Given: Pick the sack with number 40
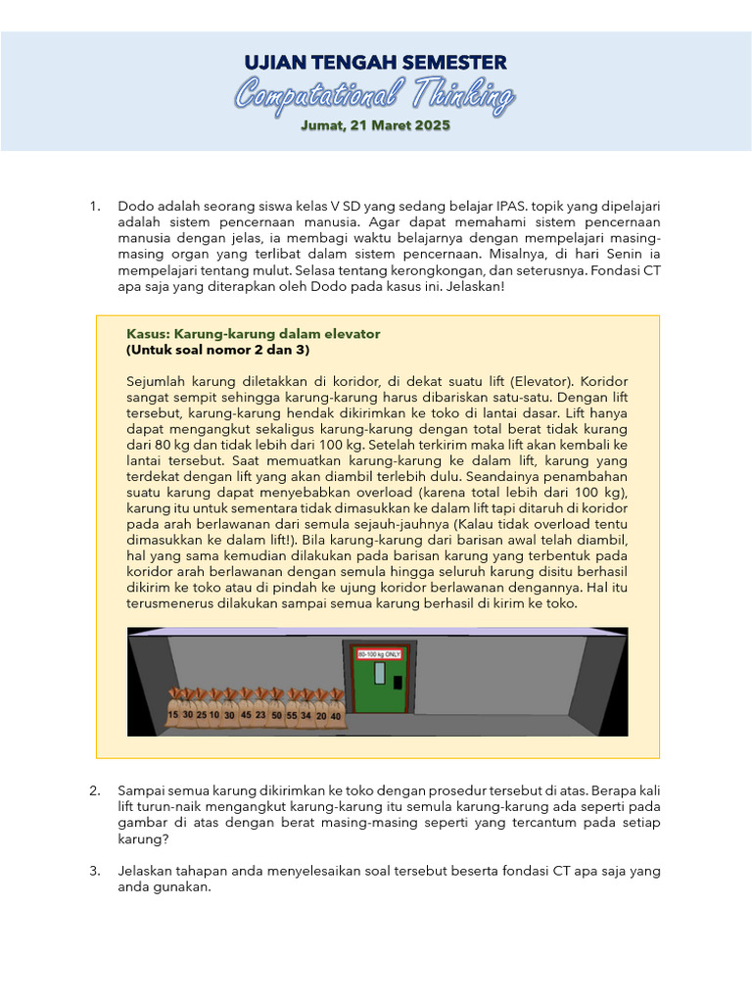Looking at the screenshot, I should pyautogui.click(x=336, y=716).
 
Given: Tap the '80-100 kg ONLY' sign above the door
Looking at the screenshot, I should pyautogui.click(x=379, y=653).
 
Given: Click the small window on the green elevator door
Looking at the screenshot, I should pyautogui.click(x=379, y=673).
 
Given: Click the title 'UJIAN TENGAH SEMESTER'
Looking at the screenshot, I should pyautogui.click(x=376, y=64).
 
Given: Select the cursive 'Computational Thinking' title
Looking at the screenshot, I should pyautogui.click(x=376, y=96).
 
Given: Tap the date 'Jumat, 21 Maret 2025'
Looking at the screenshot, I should pyautogui.click(x=376, y=125).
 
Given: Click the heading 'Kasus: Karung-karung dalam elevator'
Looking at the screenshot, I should pyautogui.click(x=254, y=334).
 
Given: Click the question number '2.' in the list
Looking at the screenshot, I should pyautogui.click(x=95, y=789).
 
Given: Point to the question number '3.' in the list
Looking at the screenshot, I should pyautogui.click(x=95, y=871).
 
